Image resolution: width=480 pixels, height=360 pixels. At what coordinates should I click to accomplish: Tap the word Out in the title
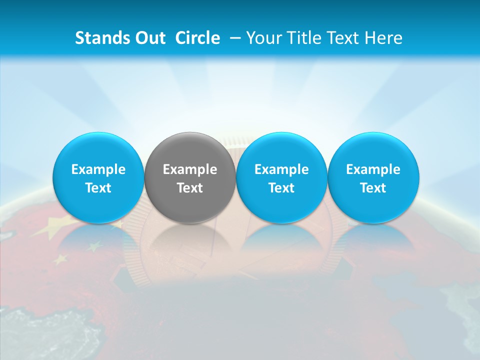click(x=150, y=38)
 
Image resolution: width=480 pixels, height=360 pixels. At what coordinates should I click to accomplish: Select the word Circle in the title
click(x=197, y=38)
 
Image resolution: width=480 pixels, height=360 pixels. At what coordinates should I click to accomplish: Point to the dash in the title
click(x=233, y=38)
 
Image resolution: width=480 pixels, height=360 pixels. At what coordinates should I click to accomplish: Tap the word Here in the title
click(x=384, y=38)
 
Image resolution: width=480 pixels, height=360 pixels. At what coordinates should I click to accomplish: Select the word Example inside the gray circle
click(x=190, y=169)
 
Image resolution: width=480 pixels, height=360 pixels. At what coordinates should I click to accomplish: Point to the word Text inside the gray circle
click(x=190, y=188)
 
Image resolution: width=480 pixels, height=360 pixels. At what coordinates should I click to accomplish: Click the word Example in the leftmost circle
click(x=98, y=169)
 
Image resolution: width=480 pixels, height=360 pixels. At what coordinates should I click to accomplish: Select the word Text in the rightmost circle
click(x=373, y=188)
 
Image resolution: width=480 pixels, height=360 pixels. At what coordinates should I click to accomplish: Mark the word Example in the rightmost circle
click(x=373, y=169)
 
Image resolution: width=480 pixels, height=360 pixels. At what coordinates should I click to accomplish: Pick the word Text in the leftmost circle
click(x=98, y=188)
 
